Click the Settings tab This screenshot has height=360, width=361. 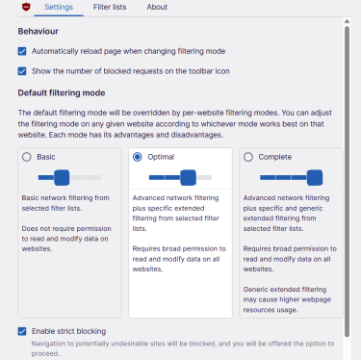60,8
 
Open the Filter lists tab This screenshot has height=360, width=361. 109,8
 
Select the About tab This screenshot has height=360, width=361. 157,8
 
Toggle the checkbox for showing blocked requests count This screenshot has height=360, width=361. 23,70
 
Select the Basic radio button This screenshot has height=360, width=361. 26,157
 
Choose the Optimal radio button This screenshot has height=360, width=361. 138,157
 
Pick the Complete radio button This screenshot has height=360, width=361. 249,157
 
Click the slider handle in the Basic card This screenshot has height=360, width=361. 62,177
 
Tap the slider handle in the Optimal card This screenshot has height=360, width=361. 188,177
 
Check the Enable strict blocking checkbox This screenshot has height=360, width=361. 23,330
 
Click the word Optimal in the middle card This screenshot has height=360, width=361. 161,157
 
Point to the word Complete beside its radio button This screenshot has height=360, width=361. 275,157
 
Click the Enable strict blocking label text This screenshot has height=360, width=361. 73,330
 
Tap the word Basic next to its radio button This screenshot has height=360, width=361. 46,157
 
